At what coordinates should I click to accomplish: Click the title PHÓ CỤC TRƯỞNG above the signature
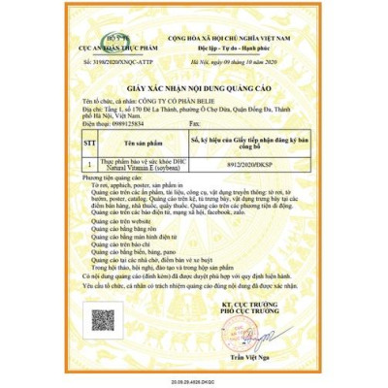pos(268,310)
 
